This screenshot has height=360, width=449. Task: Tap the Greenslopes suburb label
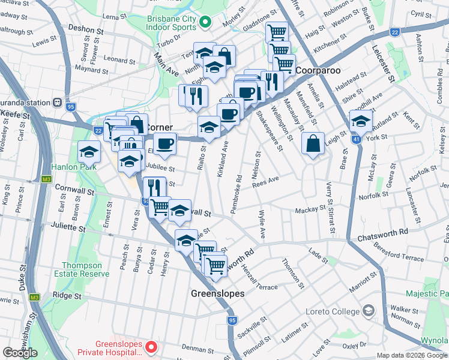(217, 294)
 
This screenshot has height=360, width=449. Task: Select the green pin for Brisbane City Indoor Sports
(205, 22)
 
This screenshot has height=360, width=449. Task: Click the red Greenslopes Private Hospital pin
(152, 347)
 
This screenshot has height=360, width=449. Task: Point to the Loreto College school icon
(368, 311)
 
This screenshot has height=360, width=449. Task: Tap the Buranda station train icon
(58, 103)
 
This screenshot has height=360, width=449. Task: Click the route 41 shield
(356, 139)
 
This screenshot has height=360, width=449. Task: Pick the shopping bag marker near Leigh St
(313, 144)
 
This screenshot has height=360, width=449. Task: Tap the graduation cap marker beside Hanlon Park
(89, 152)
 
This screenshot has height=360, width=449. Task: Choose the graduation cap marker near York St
(361, 121)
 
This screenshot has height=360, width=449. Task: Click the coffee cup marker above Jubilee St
(164, 144)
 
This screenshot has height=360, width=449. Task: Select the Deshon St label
(82, 29)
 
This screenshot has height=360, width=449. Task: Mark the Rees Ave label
(266, 181)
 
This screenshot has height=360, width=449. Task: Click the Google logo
(20, 353)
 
